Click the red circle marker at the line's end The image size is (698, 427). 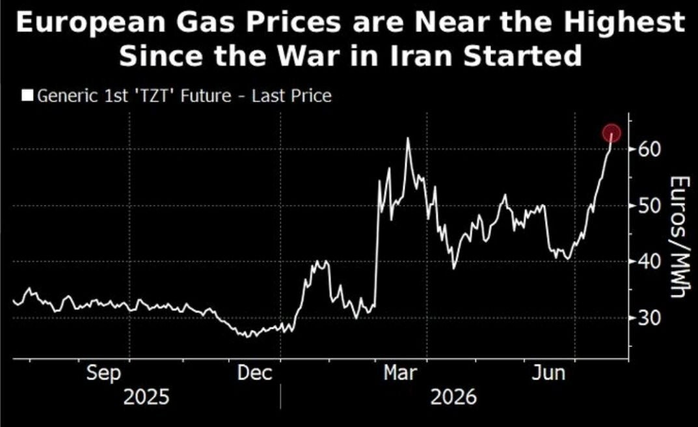pyautogui.click(x=611, y=133)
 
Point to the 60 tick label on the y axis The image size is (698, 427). pyautogui.click(x=650, y=149)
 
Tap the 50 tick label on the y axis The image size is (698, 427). pyautogui.click(x=650, y=206)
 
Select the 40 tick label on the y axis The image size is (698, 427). pyautogui.click(x=650, y=262)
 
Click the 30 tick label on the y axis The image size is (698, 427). pyautogui.click(x=650, y=318)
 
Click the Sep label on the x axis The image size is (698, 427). pyautogui.click(x=103, y=373)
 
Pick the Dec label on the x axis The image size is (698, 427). pyautogui.click(x=254, y=373)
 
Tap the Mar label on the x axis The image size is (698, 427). pyautogui.click(x=400, y=373)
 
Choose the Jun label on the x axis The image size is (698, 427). pyautogui.click(x=548, y=373)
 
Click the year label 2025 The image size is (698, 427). pyautogui.click(x=146, y=396)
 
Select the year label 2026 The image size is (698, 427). pyautogui.click(x=453, y=396)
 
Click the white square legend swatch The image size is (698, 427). pyautogui.click(x=27, y=96)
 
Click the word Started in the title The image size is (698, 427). pyautogui.click(x=522, y=56)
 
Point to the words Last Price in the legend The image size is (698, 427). pyautogui.click(x=291, y=96)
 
